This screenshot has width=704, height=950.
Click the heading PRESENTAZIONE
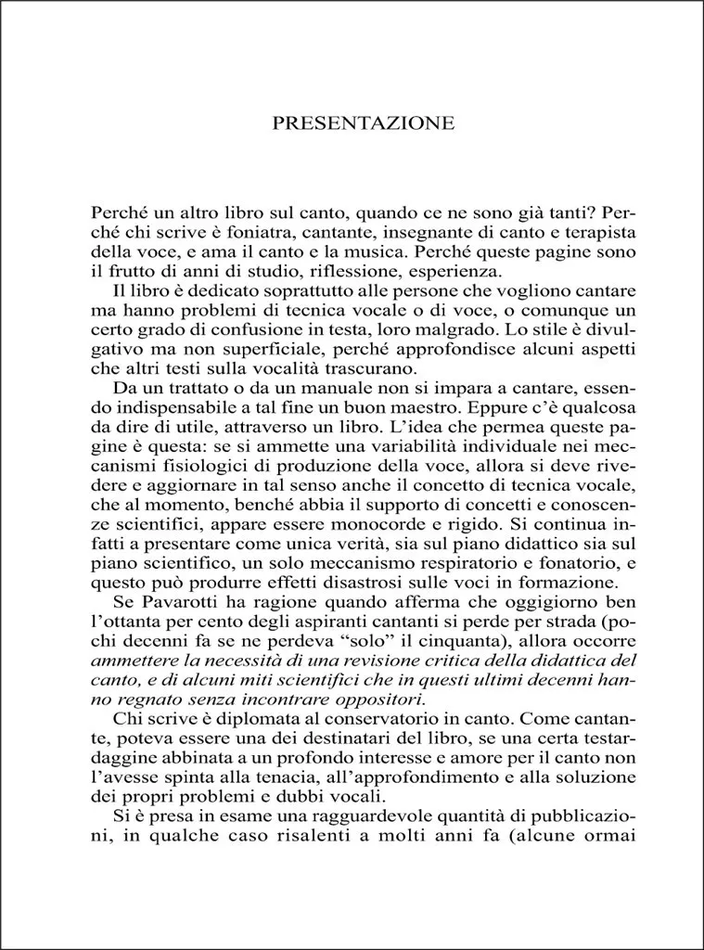[x=363, y=123]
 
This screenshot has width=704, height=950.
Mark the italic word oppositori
[x=377, y=700]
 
